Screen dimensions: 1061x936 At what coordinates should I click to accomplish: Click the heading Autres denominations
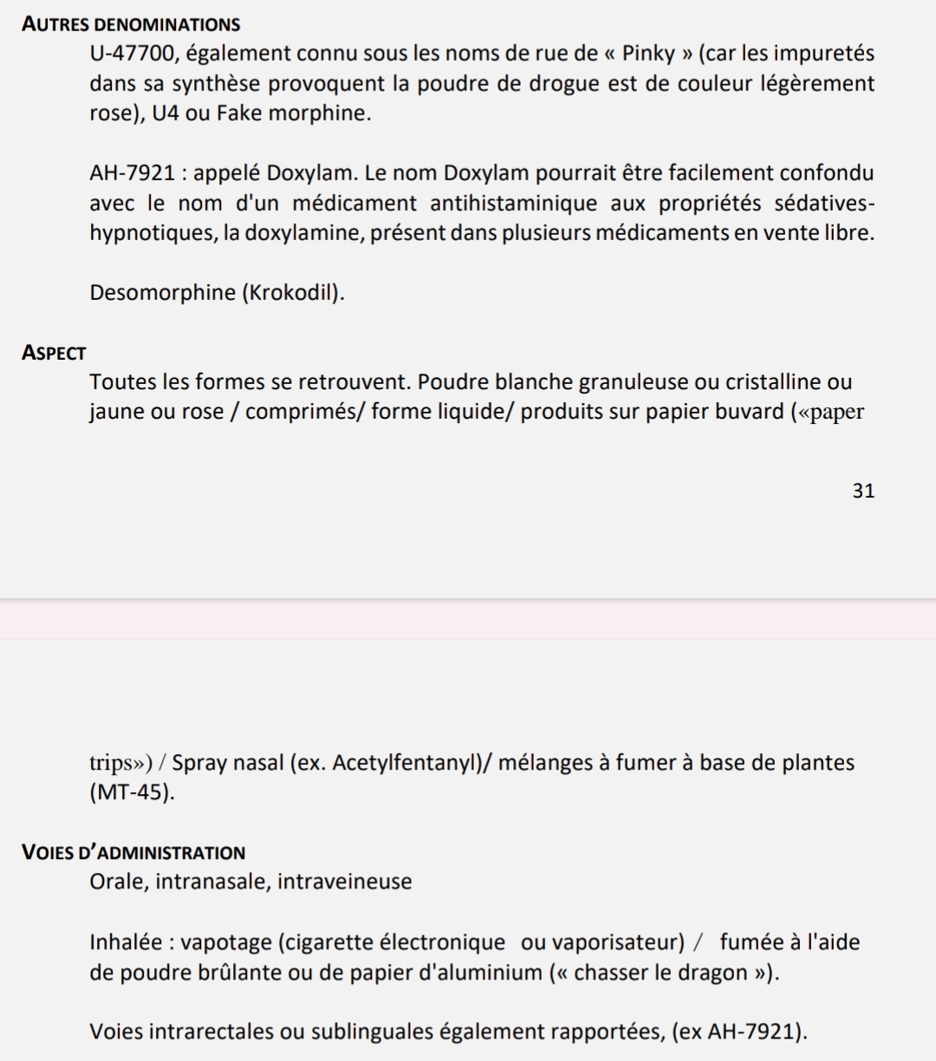[131, 24]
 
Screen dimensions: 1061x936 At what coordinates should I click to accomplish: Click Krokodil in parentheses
[293, 293]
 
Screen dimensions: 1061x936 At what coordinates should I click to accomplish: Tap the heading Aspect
[54, 353]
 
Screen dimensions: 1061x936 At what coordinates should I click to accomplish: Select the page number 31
[863, 491]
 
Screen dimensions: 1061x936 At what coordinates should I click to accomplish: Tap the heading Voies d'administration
[133, 852]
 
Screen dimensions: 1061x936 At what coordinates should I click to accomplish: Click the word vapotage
[229, 942]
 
